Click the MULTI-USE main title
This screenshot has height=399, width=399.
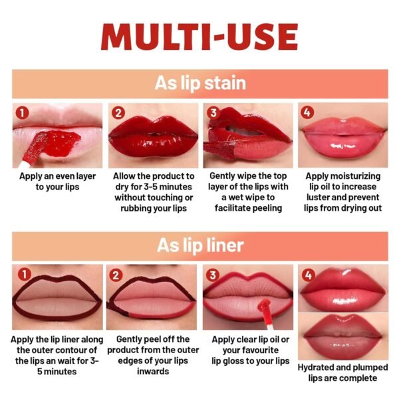[x=199, y=37]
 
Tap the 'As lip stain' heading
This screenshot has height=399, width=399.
[x=200, y=83]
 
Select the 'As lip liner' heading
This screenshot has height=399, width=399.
[x=200, y=245]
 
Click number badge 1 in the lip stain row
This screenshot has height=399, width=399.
[x=22, y=113]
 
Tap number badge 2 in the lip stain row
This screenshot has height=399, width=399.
[x=118, y=113]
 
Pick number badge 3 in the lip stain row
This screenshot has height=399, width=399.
[x=213, y=113]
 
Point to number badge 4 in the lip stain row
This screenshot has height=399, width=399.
[x=307, y=112]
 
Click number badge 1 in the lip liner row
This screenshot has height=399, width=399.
[x=25, y=274]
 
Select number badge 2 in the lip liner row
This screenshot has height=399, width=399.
[x=116, y=275]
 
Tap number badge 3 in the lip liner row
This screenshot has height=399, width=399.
[x=213, y=275]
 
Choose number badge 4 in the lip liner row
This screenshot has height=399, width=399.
[x=308, y=275]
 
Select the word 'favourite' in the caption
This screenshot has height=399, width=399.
[x=251, y=350]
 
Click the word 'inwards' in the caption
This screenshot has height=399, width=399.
[x=153, y=371]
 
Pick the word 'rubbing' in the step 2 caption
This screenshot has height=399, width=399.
[x=136, y=208]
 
